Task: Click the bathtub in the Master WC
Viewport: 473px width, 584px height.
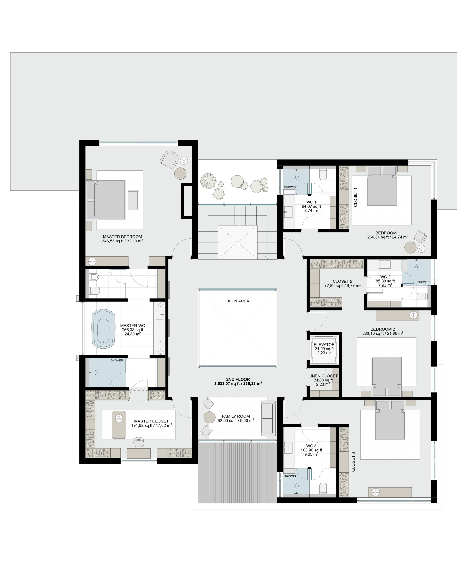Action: (x=103, y=329)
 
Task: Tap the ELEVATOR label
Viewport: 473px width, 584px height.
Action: (x=324, y=344)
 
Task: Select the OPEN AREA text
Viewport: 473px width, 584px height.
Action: (x=237, y=301)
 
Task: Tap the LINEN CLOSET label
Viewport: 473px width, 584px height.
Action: (x=323, y=376)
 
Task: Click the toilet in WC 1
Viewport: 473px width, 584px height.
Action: (x=323, y=175)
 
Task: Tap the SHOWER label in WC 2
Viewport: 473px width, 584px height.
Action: (x=423, y=282)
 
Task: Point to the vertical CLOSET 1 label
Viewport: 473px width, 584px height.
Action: (x=355, y=199)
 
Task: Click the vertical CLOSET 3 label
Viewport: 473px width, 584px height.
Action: (x=353, y=462)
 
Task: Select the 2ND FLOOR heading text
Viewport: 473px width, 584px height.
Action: (x=238, y=379)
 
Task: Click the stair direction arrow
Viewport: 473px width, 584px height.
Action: (x=267, y=257)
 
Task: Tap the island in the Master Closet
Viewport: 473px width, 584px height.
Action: (x=119, y=425)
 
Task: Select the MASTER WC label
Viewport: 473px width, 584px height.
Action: (x=132, y=326)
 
